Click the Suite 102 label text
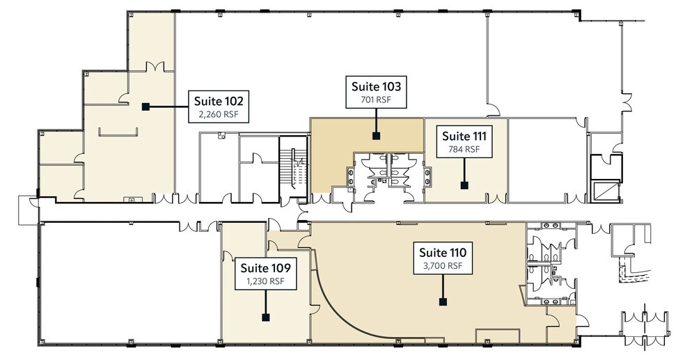pyautogui.click(x=219, y=100)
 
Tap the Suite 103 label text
pyautogui.click(x=376, y=87)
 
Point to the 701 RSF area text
pyautogui.click(x=376, y=100)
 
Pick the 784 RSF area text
pyautogui.click(x=464, y=148)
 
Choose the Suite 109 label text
pyautogui.click(x=265, y=267)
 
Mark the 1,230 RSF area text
pyautogui.click(x=265, y=281)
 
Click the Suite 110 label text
pyautogui.click(x=442, y=252)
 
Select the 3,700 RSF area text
pyautogui.click(x=442, y=266)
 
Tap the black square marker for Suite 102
pyautogui.click(x=145, y=107)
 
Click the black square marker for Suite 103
pyautogui.click(x=376, y=136)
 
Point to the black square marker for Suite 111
pyautogui.click(x=464, y=185)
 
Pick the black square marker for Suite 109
pyautogui.click(x=265, y=317)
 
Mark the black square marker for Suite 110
pyautogui.click(x=442, y=302)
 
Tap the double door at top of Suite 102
pyautogui.click(x=155, y=68)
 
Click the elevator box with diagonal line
pyautogui.click(x=606, y=189)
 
